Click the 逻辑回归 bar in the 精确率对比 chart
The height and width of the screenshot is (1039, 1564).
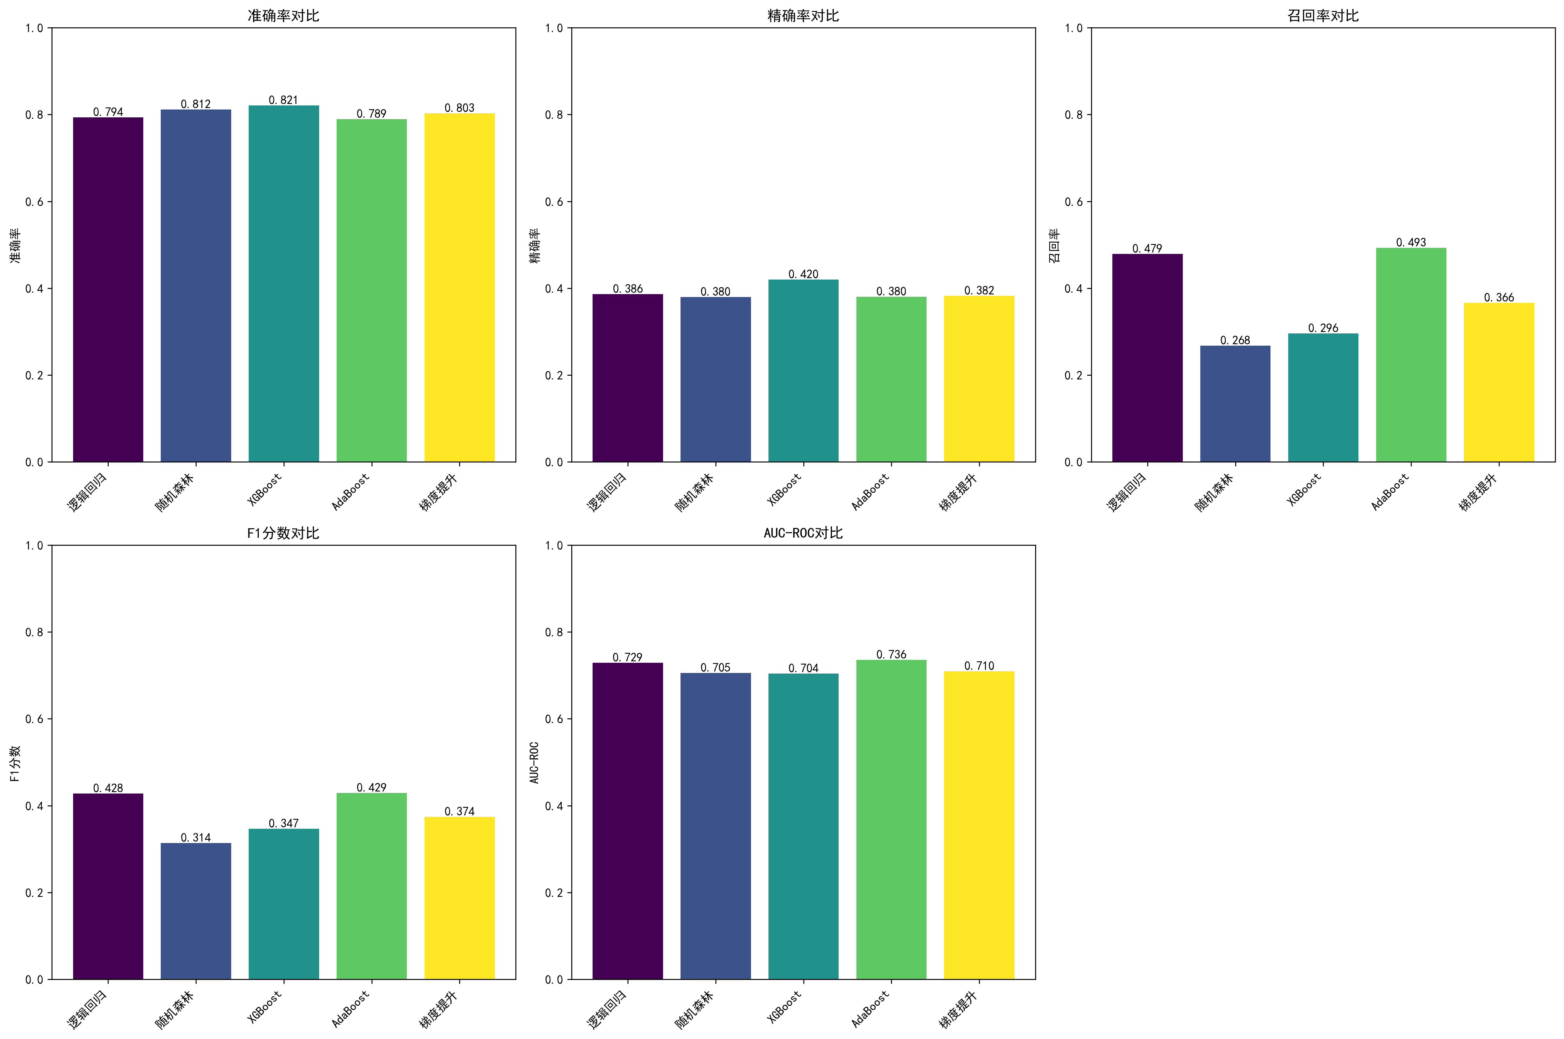pos(627,378)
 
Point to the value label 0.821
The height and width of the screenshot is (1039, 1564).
pos(284,100)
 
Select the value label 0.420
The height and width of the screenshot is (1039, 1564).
pos(803,274)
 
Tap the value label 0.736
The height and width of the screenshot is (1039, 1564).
pos(891,655)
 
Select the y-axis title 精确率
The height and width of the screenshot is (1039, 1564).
pos(535,245)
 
